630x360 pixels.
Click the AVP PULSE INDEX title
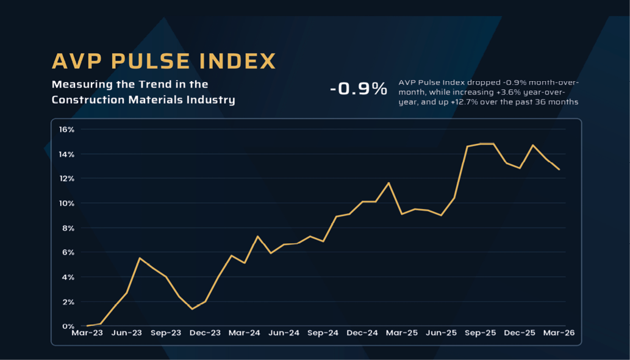pyautogui.click(x=163, y=61)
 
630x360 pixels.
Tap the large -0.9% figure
pyautogui.click(x=359, y=89)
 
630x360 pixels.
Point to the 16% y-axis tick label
pyautogui.click(x=66, y=129)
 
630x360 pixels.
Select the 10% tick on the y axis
pyautogui.click(x=66, y=203)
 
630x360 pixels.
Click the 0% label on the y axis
pyautogui.click(x=68, y=326)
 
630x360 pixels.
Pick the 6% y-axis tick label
pyautogui.click(x=68, y=252)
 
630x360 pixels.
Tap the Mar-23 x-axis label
pyautogui.click(x=87, y=333)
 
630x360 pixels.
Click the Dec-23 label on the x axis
pyautogui.click(x=206, y=333)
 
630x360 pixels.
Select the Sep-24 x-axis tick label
pyautogui.click(x=323, y=333)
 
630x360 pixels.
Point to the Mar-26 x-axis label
pyautogui.click(x=559, y=333)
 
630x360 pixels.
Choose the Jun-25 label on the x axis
pyautogui.click(x=441, y=333)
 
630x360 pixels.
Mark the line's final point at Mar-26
pyautogui.click(x=559, y=170)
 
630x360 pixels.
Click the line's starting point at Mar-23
pyautogui.click(x=87, y=326)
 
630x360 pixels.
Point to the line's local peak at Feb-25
pyautogui.click(x=389, y=182)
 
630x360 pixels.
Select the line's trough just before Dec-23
pyautogui.click(x=192, y=309)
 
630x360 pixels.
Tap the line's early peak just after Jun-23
pyautogui.click(x=140, y=258)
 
